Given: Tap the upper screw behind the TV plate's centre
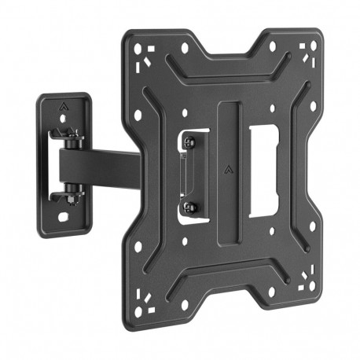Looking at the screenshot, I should pyautogui.click(x=189, y=142).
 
